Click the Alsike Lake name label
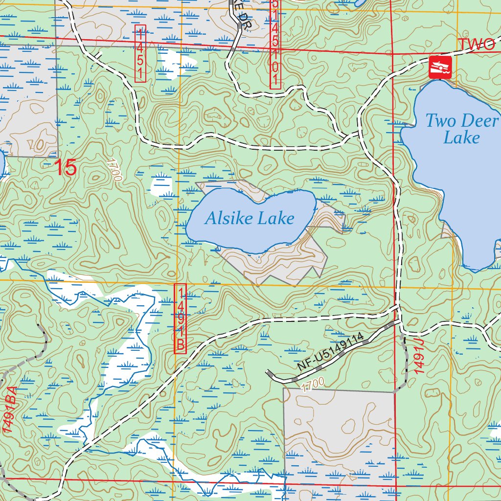(x=250, y=218)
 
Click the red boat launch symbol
(x=439, y=67)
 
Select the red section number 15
(x=66, y=168)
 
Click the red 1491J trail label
(x=420, y=360)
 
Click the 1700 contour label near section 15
(x=114, y=170)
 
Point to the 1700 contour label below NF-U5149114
(x=312, y=385)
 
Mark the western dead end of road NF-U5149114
(x=268, y=373)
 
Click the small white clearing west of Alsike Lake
(x=161, y=186)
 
